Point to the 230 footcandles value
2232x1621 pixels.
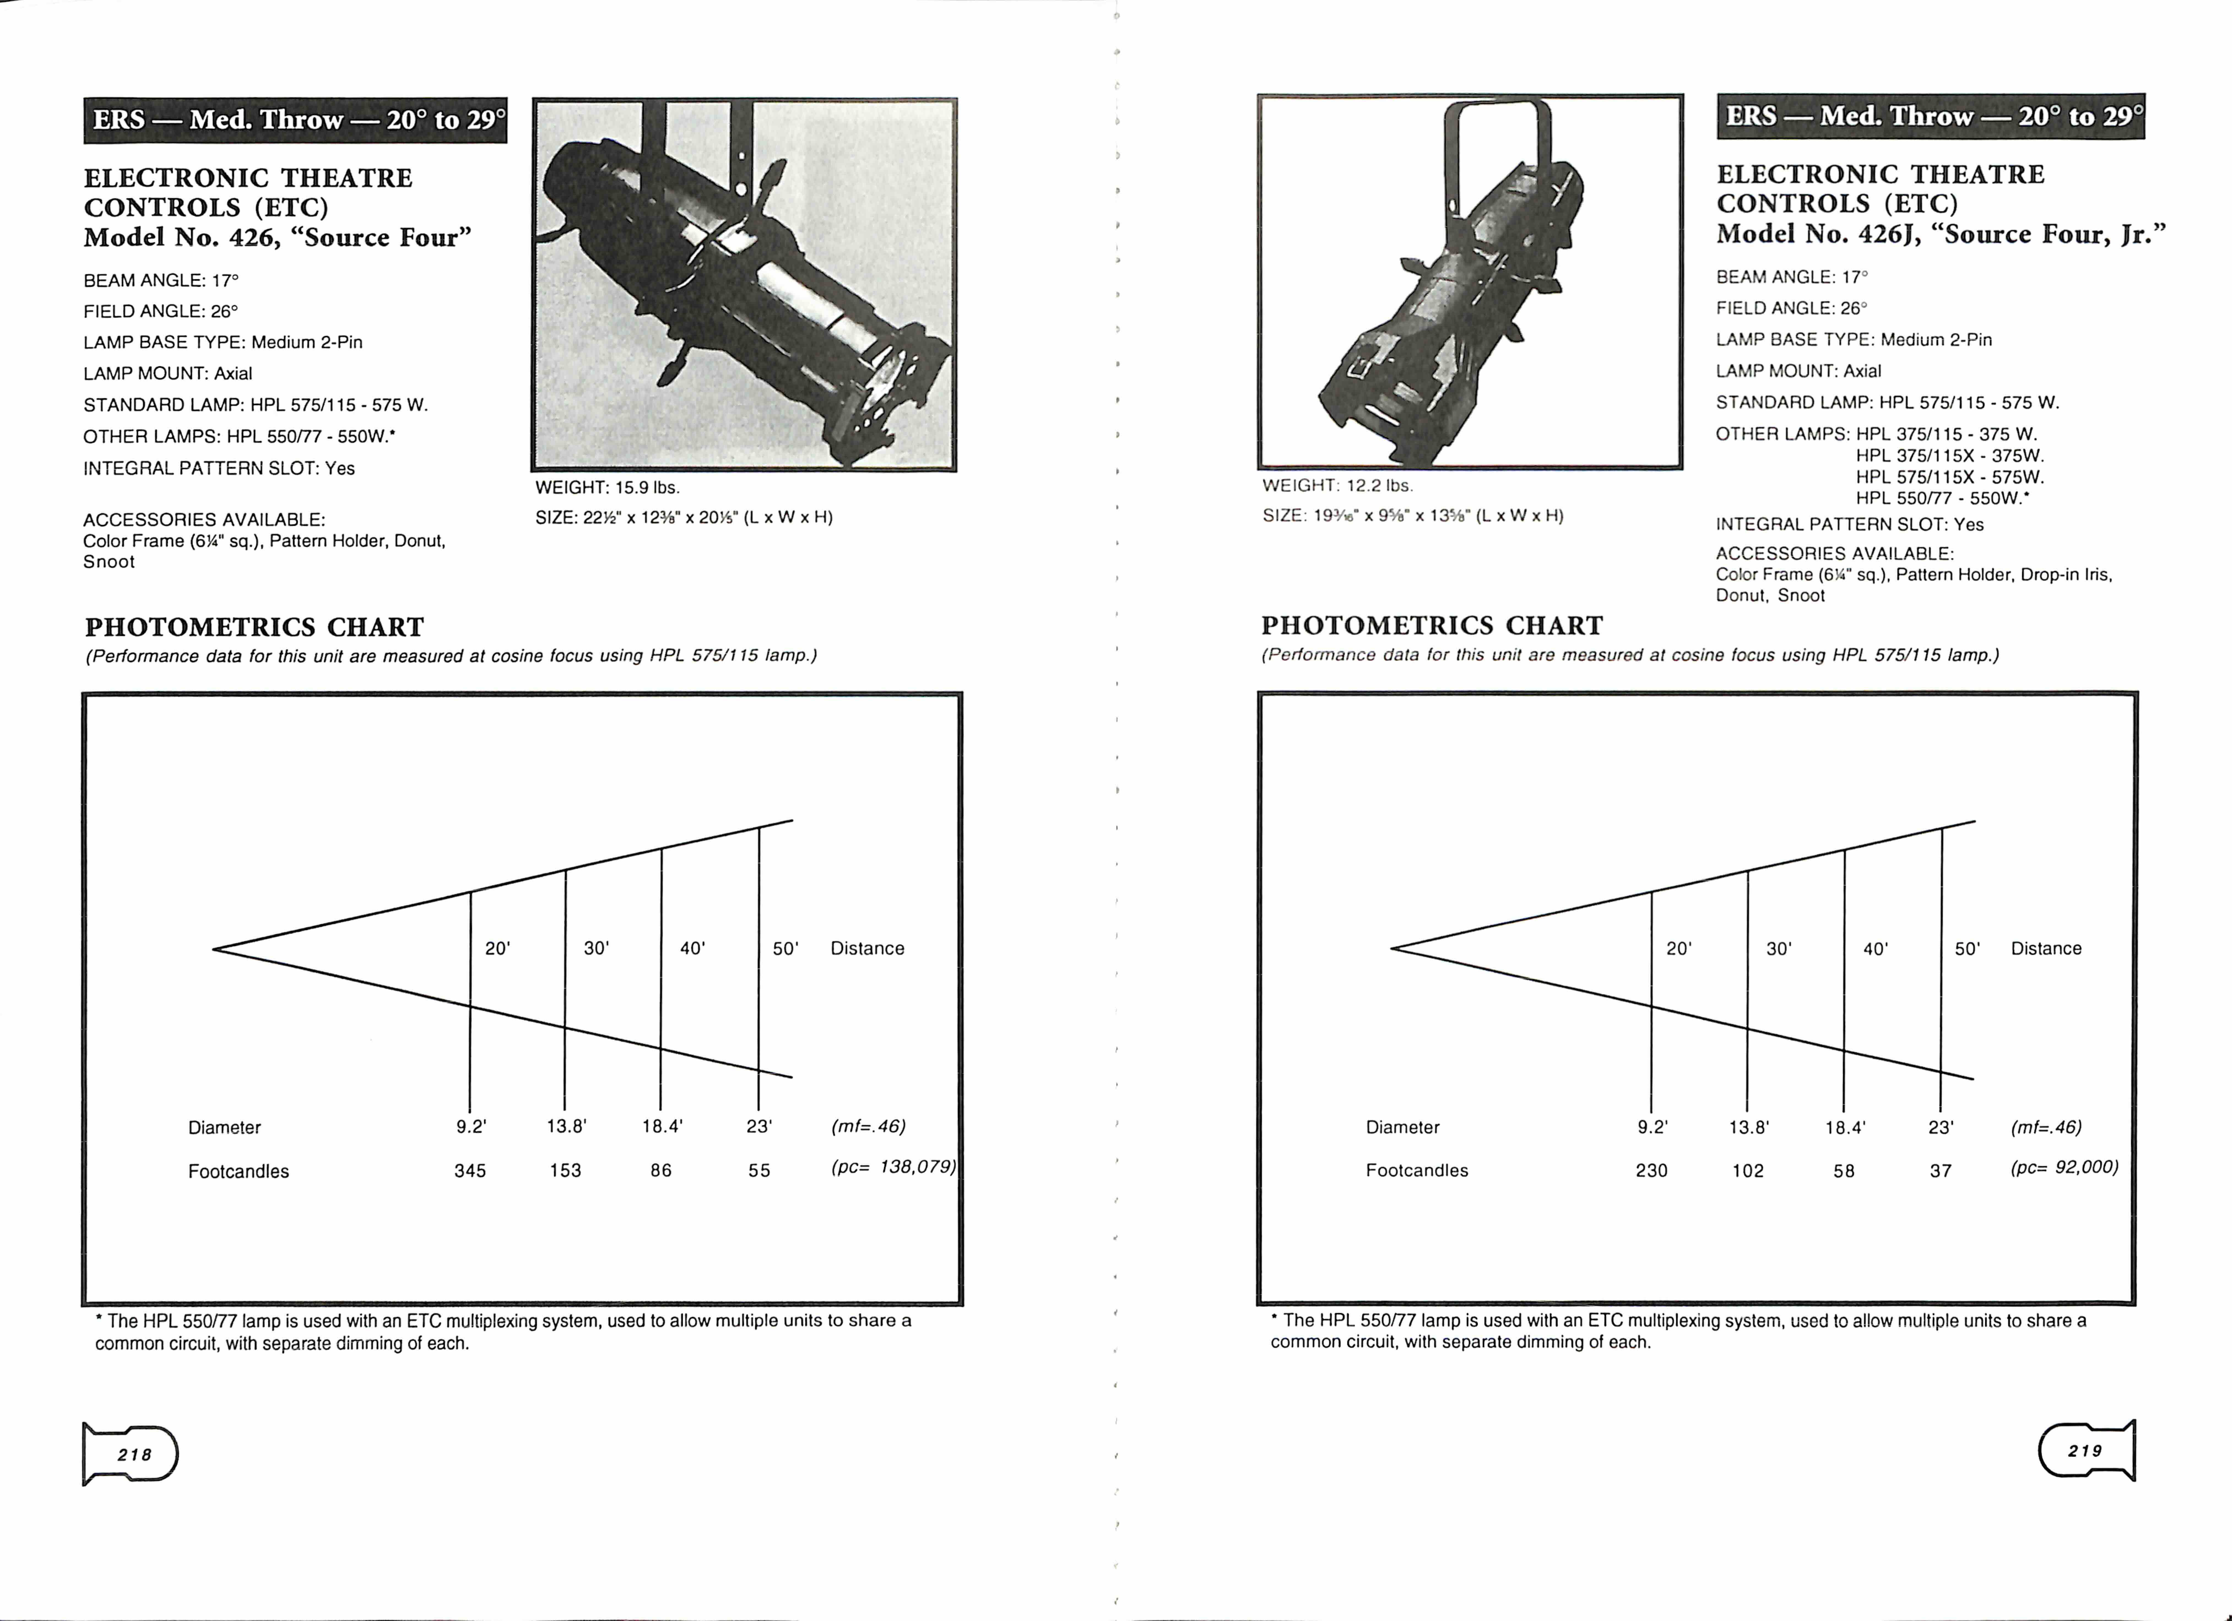click(1651, 1170)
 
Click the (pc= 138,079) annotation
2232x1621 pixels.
click(893, 1166)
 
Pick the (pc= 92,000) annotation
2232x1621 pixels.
click(2064, 1166)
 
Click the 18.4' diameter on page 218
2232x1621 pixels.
click(662, 1126)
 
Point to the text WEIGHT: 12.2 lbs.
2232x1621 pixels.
click(1337, 485)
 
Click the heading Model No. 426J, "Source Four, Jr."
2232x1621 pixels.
click(1941, 234)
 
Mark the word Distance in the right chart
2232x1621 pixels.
click(2046, 948)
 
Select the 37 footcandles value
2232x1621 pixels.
click(1940, 1170)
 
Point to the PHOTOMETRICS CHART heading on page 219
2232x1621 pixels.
click(1432, 626)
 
